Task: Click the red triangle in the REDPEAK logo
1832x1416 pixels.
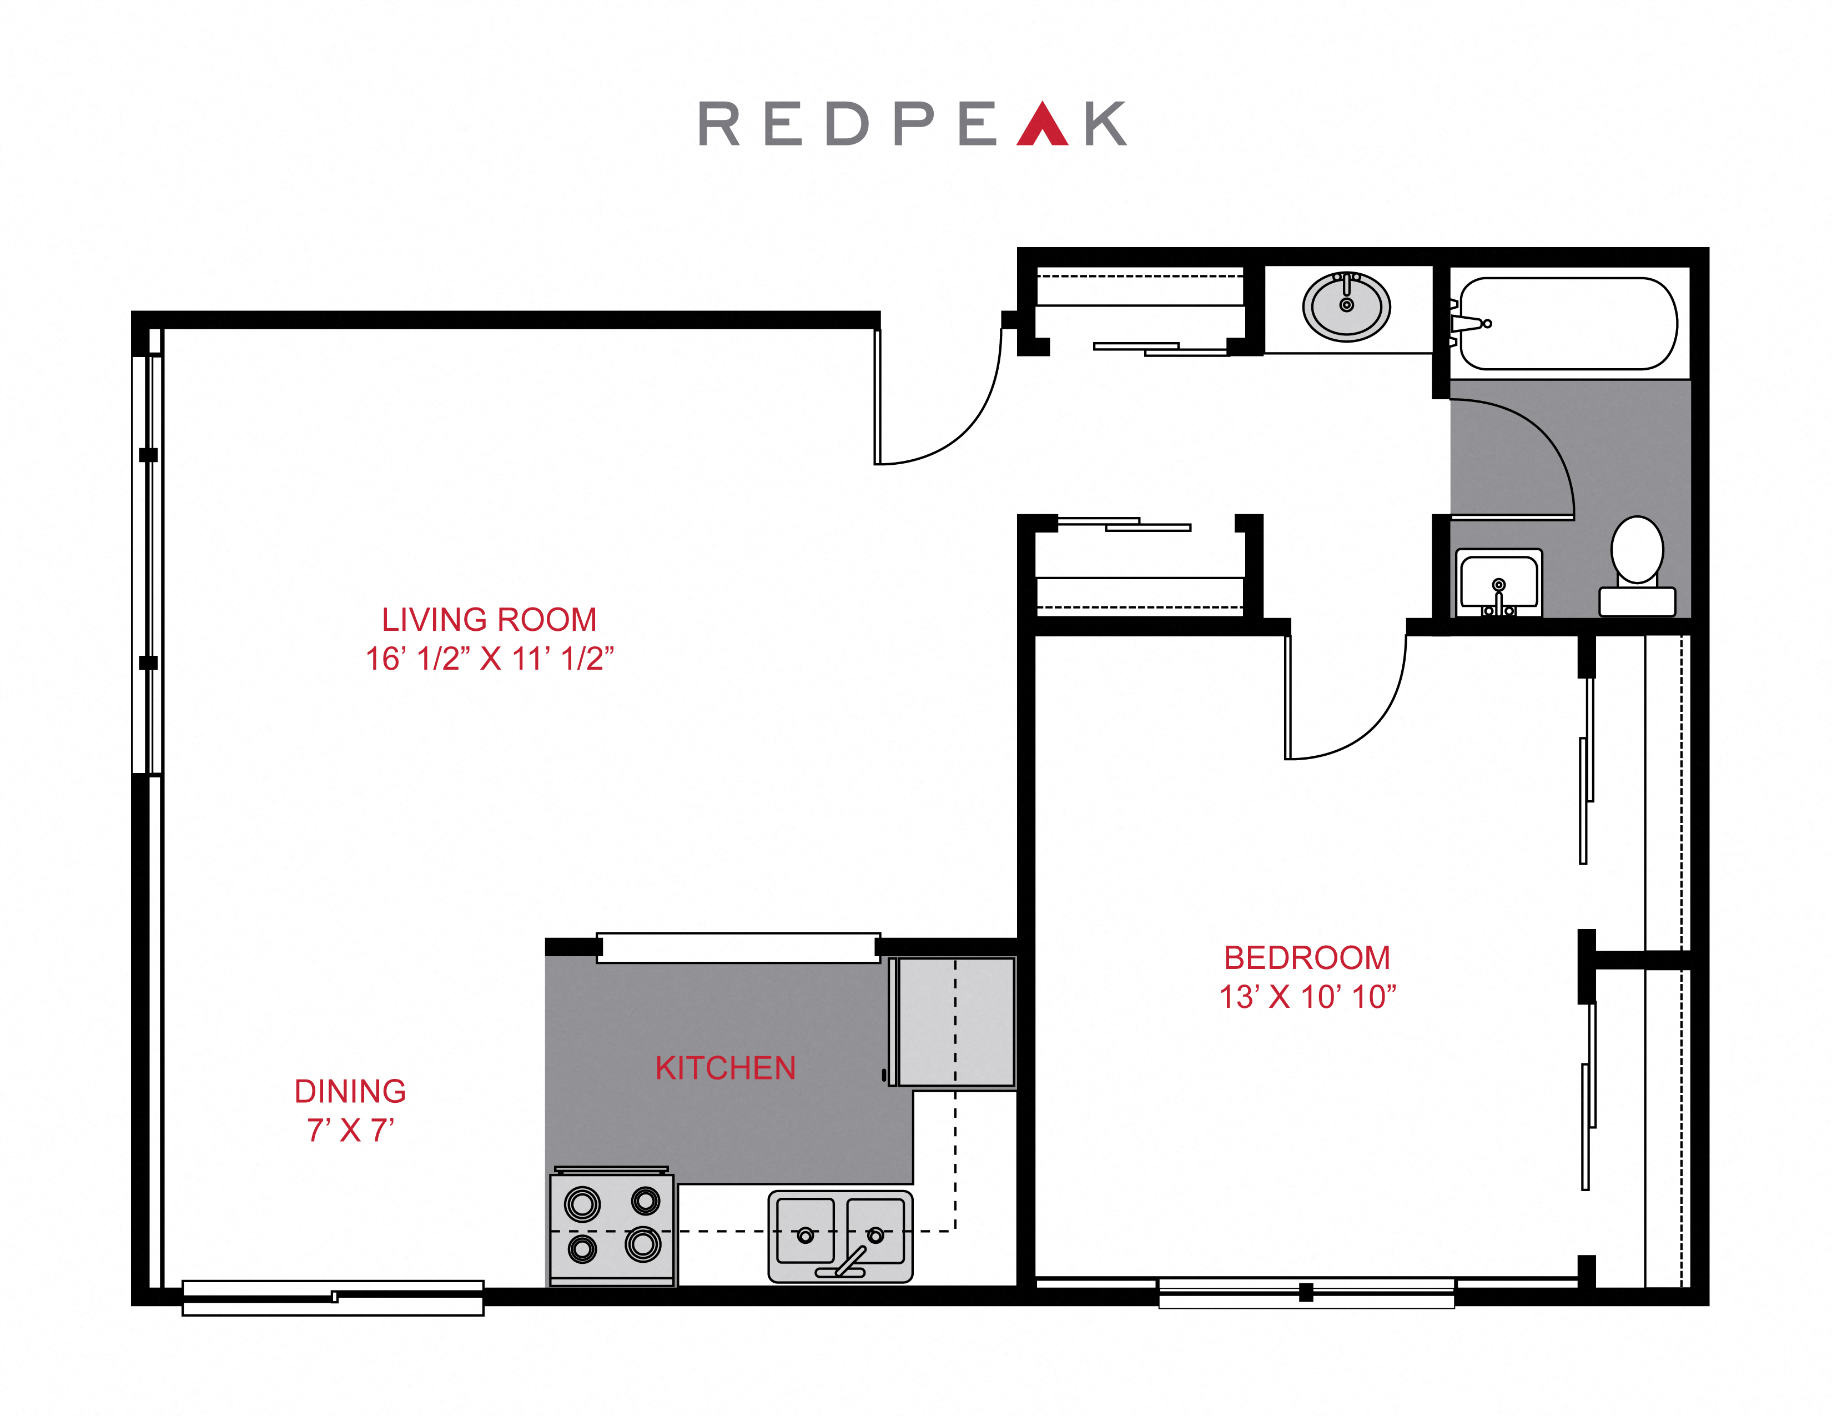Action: pos(1042,126)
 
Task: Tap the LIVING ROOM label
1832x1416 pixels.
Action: pos(489,620)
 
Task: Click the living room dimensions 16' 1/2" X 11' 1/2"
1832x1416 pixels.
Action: pos(489,659)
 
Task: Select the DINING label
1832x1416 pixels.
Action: pos(350,1091)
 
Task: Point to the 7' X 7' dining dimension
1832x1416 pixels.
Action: pos(350,1131)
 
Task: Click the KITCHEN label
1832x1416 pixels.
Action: pos(726,1068)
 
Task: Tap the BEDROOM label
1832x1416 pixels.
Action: pos(1307,958)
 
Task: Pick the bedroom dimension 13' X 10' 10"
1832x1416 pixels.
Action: pos(1307,997)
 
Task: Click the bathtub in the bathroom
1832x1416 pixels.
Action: pos(1569,324)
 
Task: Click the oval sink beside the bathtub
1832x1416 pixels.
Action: pos(1346,306)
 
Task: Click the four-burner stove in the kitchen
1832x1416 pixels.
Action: pos(612,1227)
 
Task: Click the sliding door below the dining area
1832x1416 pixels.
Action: pos(333,1298)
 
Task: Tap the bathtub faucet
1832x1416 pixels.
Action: pos(1468,324)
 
